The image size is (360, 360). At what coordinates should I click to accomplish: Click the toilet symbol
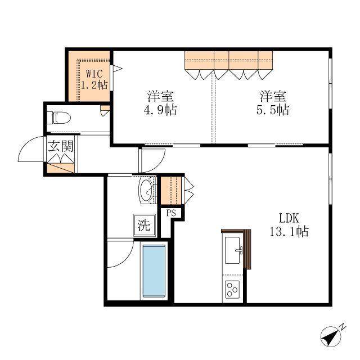[x=58, y=118]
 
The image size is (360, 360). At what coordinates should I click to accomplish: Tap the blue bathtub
[x=154, y=271]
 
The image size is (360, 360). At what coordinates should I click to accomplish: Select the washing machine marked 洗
[x=145, y=225]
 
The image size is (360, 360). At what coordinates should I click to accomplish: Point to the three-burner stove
[x=232, y=290]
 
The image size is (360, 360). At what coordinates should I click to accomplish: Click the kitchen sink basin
[x=232, y=250]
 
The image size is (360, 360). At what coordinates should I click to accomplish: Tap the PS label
[x=171, y=213]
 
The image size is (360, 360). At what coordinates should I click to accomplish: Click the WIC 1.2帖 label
[x=94, y=79]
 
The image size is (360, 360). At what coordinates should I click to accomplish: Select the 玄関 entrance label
[x=61, y=146]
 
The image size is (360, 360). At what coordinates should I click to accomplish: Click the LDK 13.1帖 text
[x=289, y=225]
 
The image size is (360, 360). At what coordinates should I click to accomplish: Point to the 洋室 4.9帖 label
[x=160, y=103]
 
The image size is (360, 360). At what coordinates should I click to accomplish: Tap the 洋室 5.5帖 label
[x=273, y=103]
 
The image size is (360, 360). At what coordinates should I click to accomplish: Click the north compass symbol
[x=331, y=336]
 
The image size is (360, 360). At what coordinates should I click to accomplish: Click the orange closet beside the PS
[x=171, y=190]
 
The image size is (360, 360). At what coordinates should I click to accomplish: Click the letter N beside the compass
[x=343, y=327]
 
